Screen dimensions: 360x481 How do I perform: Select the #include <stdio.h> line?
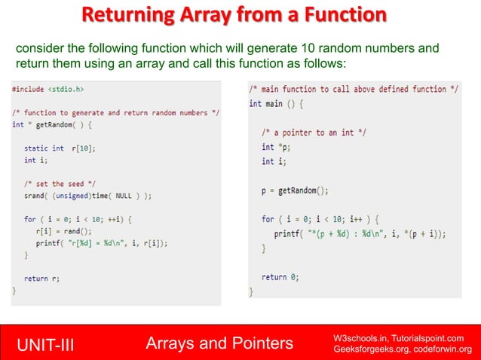coord(48,89)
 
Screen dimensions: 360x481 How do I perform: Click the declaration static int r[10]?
coord(60,148)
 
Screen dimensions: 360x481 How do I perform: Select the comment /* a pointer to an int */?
coord(314,133)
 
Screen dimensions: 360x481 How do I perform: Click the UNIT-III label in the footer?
coord(47,344)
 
